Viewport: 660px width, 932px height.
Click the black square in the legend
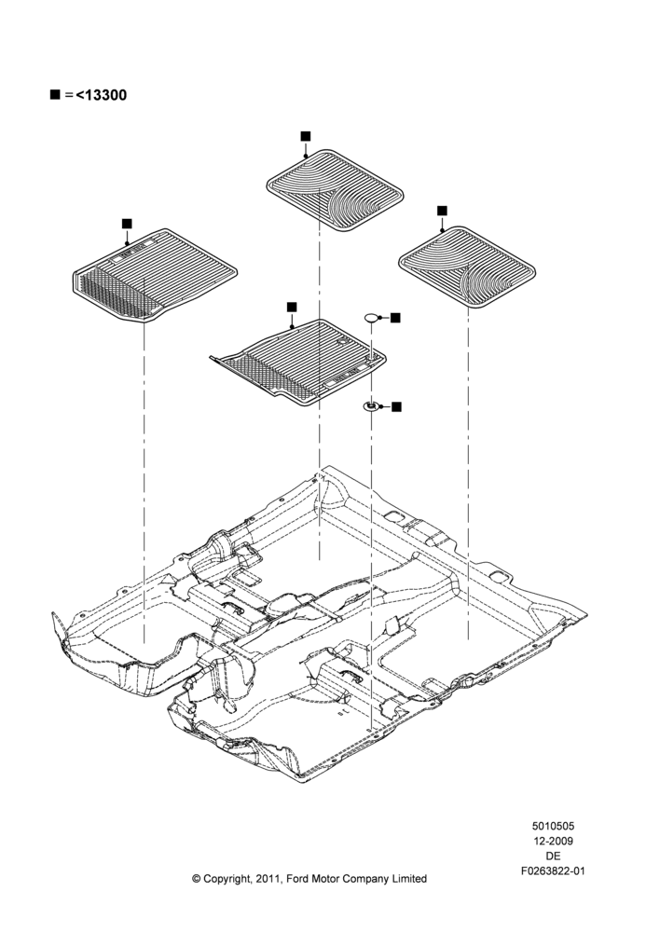(55, 94)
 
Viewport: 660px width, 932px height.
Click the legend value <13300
(101, 95)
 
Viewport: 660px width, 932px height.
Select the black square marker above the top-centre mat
(306, 136)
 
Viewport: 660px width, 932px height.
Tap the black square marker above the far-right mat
(442, 211)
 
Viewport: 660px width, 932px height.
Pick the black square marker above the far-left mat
(127, 224)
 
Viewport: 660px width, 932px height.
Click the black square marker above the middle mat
(292, 307)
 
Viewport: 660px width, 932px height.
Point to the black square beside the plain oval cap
(395, 318)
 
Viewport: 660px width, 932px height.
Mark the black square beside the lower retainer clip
(396, 406)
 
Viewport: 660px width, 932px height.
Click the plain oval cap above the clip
(372, 318)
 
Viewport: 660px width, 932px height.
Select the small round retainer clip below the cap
(371, 406)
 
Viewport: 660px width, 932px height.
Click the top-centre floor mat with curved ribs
(335, 190)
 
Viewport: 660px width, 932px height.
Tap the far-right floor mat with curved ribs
(467, 267)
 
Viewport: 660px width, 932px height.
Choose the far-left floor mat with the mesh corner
(155, 275)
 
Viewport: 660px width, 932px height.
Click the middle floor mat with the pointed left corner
(298, 362)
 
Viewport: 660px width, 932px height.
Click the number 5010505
(553, 826)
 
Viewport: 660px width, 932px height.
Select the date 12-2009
(553, 841)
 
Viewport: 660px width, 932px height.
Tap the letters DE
(553, 856)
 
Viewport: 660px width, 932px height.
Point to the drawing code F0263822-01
(553, 871)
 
